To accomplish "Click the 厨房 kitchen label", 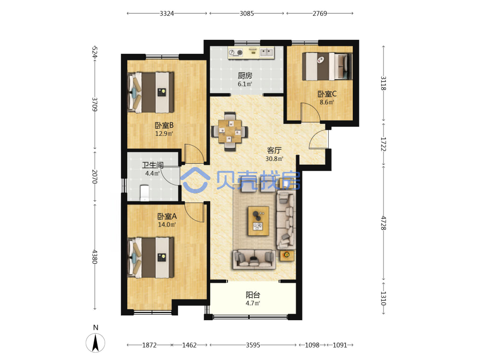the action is tap(245, 75).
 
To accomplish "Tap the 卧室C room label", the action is tap(326, 94).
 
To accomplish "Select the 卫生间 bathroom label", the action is tap(153, 165).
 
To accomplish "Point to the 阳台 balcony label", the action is tap(253, 295).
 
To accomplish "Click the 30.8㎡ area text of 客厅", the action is tap(274, 158).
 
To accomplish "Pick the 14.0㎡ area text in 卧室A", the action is tap(167, 225).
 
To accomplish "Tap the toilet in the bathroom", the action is tap(144, 193).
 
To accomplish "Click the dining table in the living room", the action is tap(229, 132).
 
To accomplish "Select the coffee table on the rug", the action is tap(258, 221).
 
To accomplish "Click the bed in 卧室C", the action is tap(327, 66).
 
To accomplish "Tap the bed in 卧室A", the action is tap(151, 257).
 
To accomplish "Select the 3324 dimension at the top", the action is tap(167, 13).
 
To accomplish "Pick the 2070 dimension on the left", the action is tap(95, 177).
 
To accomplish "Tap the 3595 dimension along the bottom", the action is tap(253, 345).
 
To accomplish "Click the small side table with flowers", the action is tap(287, 255).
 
